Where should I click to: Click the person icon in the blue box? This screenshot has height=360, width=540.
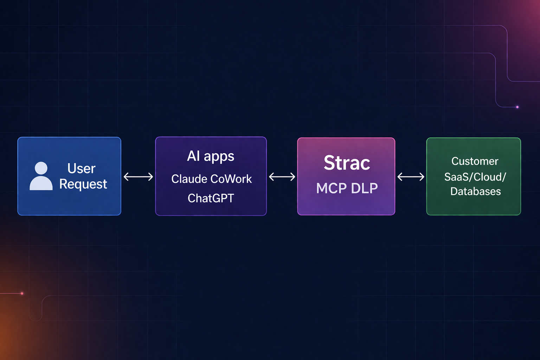41,176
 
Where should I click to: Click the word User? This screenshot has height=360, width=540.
81,168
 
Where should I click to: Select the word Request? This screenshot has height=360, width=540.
83,184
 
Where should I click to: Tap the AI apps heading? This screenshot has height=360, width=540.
211,156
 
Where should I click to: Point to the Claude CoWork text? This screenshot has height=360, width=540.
211,179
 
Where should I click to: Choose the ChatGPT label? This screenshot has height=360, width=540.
211,198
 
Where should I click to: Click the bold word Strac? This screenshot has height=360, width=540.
347,163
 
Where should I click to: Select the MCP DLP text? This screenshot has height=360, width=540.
347,188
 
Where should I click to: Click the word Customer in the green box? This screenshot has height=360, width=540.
475,161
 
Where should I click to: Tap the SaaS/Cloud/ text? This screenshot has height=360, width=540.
475,176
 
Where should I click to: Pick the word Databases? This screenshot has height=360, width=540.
475,191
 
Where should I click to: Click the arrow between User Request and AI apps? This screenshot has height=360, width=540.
138,176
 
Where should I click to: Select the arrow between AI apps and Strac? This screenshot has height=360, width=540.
282,176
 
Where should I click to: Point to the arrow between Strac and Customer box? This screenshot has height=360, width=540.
411,176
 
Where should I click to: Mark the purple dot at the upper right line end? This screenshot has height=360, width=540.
517,107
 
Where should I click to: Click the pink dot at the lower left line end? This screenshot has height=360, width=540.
22,293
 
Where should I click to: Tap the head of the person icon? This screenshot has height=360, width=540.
41,168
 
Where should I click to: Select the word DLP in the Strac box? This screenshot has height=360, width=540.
364,188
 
